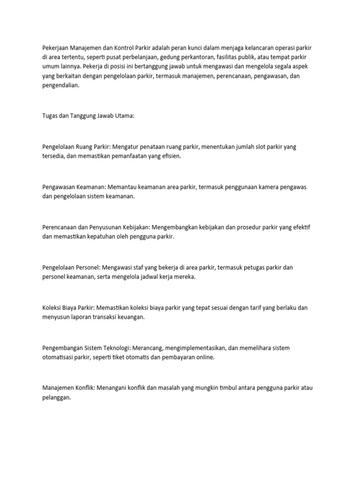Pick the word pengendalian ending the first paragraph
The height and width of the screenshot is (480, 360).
tap(61, 86)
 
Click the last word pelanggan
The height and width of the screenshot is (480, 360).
tap(57, 397)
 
